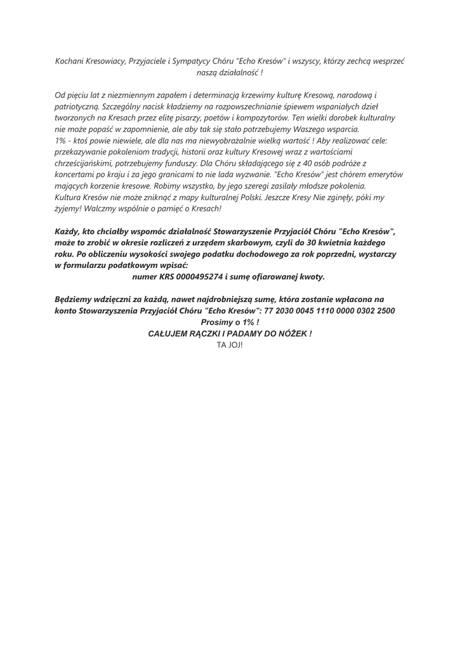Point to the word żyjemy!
click(x=70, y=209)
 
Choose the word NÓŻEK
click(x=294, y=333)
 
